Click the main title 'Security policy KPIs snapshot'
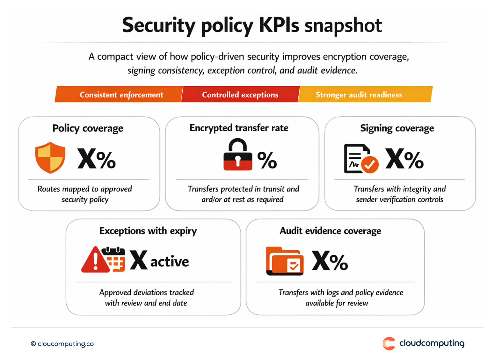tap(252, 25)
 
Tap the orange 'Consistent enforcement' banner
tap(121, 95)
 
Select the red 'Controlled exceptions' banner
tap(240, 95)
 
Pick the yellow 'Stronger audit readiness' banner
tap(359, 95)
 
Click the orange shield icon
tap(50, 158)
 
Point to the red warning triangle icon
tap(95, 260)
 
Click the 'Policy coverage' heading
tap(88, 128)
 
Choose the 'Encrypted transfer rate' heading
tap(239, 128)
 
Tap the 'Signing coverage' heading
tap(397, 128)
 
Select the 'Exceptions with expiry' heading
tap(148, 231)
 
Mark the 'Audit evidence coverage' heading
tap(330, 231)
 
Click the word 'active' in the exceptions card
tap(170, 262)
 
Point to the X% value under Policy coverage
tap(97, 159)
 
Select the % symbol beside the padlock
tap(267, 160)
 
